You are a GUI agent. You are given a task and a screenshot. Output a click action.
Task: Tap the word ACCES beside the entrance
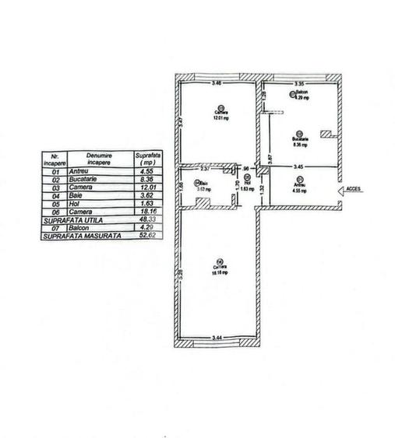coord(354,189)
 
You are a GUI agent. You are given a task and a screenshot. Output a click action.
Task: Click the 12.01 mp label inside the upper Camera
coord(220,118)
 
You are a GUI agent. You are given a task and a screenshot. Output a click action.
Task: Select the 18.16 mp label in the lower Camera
coord(220,274)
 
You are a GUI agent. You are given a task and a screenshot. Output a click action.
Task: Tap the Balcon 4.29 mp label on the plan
coord(301,96)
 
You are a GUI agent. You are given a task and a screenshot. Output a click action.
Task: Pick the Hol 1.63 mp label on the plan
coord(246,187)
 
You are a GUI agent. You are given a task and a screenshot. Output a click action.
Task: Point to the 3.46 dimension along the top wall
coord(217,82)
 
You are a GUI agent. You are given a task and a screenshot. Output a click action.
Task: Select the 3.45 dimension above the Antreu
coord(299,167)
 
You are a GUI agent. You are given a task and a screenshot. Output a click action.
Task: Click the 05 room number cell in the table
coord(55,205)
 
